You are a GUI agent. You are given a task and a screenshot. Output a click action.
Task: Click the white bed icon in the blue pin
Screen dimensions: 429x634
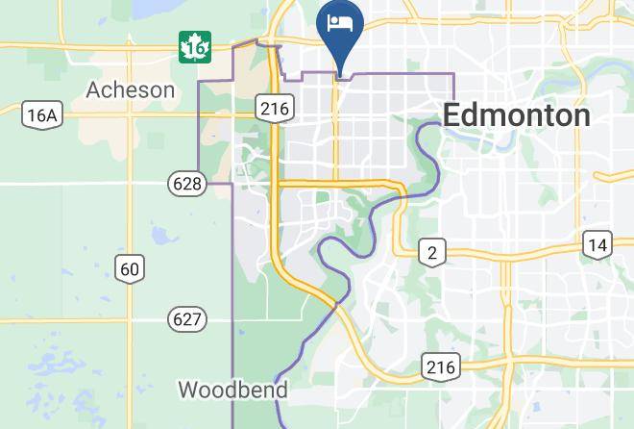(341, 22)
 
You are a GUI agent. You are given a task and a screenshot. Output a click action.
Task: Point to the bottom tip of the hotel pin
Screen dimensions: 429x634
(341, 73)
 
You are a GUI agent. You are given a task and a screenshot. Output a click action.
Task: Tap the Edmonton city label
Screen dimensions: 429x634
(516, 115)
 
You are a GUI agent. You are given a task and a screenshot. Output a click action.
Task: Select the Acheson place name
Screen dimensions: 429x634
(131, 90)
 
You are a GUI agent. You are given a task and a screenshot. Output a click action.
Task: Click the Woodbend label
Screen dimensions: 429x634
(232, 390)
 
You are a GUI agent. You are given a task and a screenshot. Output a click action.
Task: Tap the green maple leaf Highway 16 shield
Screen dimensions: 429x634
(194, 46)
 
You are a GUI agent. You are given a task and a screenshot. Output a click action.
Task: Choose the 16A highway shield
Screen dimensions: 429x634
(42, 115)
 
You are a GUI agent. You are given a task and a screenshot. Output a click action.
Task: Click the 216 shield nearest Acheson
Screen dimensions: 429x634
(274, 108)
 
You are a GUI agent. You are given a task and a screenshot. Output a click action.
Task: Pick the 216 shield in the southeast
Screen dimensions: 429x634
(441, 366)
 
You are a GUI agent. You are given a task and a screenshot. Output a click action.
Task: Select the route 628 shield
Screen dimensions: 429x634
(187, 183)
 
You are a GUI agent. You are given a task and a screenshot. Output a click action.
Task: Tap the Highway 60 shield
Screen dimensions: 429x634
(130, 267)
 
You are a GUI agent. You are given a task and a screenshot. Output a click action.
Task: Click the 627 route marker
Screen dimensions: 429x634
(186, 318)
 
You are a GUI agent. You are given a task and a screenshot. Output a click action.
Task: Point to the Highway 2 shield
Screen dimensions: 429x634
(432, 253)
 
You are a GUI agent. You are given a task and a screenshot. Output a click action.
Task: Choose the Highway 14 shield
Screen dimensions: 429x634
(597, 244)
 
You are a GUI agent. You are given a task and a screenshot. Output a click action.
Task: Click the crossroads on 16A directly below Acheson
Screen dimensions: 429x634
(131, 113)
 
